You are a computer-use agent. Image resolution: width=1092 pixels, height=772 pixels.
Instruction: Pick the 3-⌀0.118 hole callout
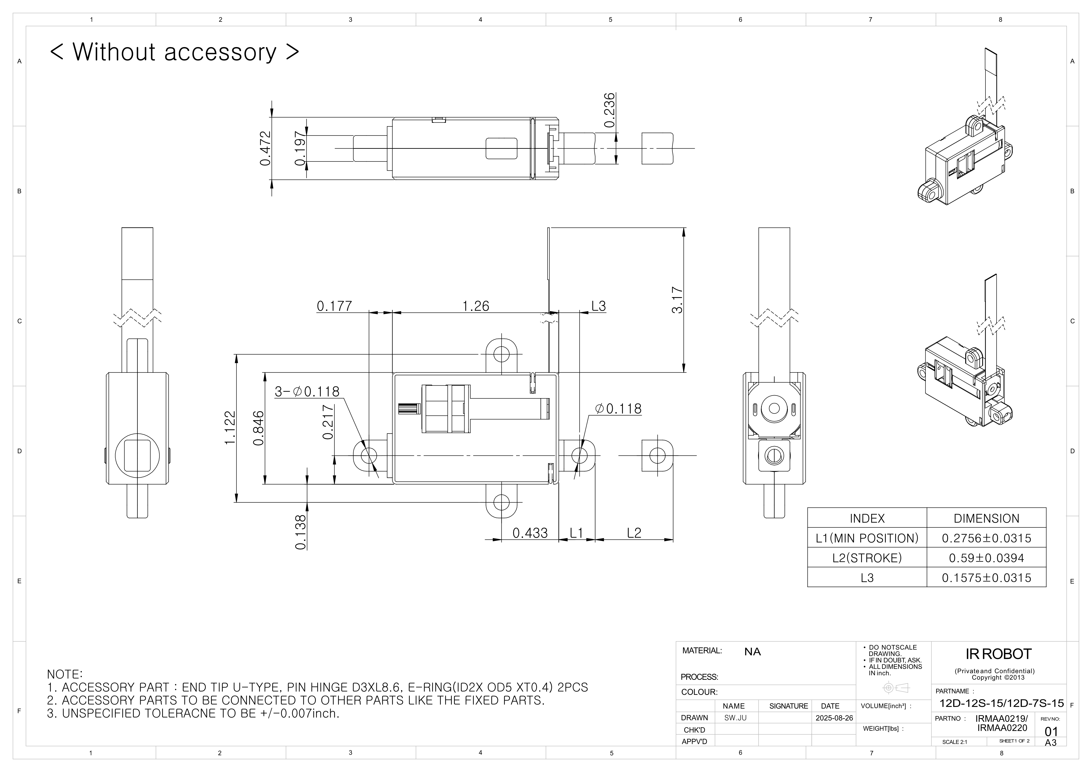307,391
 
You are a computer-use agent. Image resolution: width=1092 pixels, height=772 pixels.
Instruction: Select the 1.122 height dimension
230,428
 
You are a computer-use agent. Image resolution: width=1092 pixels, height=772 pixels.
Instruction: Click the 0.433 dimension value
530,533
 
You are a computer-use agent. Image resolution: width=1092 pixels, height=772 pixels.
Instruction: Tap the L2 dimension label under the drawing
634,533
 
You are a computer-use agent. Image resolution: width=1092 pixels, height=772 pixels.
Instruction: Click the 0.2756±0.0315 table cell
986,538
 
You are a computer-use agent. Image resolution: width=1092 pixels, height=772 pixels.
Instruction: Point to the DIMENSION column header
986,518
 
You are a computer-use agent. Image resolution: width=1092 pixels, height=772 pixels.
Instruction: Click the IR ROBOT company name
998,654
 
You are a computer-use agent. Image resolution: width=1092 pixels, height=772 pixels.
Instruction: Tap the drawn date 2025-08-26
834,718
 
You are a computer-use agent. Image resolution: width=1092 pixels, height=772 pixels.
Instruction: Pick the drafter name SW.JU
735,718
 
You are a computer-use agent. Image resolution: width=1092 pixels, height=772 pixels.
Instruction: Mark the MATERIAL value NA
752,652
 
